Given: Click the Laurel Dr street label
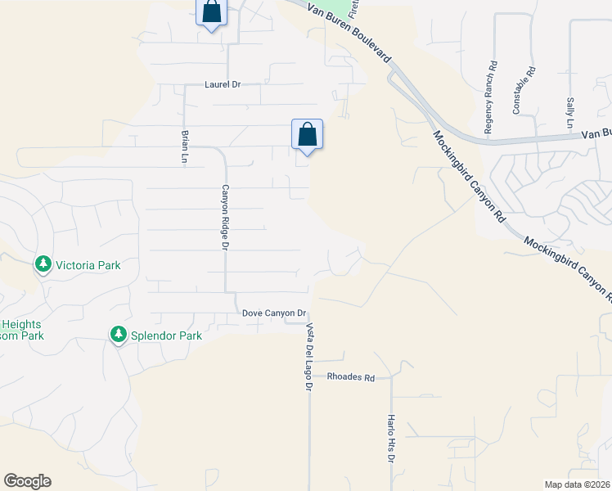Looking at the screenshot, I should point(223,84).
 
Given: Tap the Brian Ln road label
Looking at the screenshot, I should point(185,147).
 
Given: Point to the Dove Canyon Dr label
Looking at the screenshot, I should point(274,313).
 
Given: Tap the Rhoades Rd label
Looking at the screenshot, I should point(350,378).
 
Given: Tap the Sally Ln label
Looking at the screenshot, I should point(570,112).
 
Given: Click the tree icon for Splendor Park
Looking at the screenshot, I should point(119,335).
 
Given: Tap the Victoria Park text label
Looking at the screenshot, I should point(88,265).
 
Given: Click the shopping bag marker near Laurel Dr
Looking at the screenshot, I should point(307,135).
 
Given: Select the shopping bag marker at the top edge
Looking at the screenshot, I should point(211,11).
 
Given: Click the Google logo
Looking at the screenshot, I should point(27,481).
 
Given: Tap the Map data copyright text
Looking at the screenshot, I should point(578,484).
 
